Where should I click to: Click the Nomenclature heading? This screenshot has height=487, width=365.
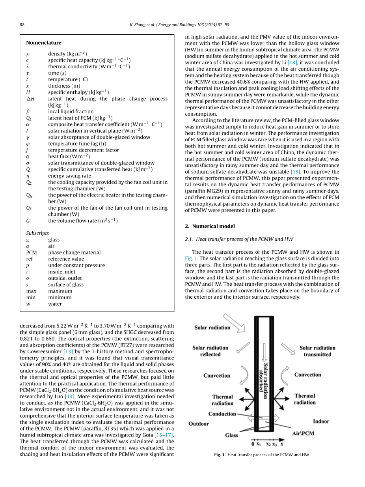pos(44,43)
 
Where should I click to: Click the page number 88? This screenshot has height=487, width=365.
pos(22,24)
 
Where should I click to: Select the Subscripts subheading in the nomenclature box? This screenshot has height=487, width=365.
pos(37,233)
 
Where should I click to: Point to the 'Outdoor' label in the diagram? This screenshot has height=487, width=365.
pos(199,423)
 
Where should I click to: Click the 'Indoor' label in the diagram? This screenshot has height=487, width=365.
pos(321,421)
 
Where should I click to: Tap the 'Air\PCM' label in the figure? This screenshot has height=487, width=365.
pos(303,433)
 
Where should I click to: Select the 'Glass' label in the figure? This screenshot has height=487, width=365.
pos(231,435)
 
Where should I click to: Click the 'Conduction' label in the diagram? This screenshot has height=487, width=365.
pos(222,414)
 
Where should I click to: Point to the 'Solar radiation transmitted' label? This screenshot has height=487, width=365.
pos(317,351)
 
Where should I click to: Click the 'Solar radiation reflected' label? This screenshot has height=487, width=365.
pos(210,351)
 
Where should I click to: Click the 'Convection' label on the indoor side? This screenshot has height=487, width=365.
pos(307,375)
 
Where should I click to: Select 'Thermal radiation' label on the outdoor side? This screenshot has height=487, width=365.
pos(222,400)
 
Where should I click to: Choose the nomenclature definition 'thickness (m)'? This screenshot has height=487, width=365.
pos(64,86)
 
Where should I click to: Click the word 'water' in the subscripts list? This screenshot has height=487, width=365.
pos(55,304)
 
